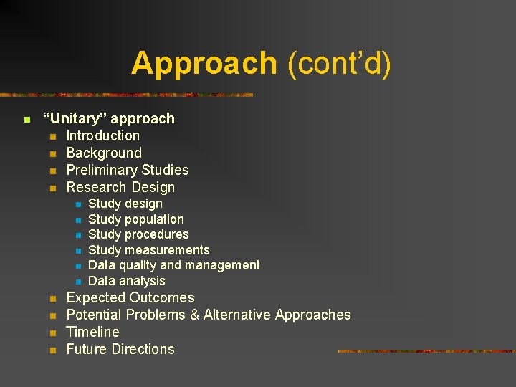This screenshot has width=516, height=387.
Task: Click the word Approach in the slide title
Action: click(x=204, y=64)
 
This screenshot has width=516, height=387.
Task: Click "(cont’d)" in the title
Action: click(x=339, y=64)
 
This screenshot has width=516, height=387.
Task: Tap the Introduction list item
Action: click(x=103, y=135)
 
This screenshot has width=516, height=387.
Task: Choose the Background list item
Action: click(x=104, y=153)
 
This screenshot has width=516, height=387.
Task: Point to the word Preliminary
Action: click(x=101, y=170)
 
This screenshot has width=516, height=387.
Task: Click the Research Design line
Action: click(x=120, y=187)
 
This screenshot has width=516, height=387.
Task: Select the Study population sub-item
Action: click(x=135, y=219)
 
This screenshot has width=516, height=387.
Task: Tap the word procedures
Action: click(x=157, y=234)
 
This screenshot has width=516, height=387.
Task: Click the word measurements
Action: click(x=167, y=250)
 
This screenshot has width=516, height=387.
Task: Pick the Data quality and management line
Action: click(x=173, y=265)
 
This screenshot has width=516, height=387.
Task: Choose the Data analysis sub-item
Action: click(x=126, y=281)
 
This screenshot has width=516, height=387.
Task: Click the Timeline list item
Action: click(x=92, y=332)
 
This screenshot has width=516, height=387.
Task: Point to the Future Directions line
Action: click(x=120, y=349)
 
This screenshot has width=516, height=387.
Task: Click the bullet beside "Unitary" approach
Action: click(x=26, y=119)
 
